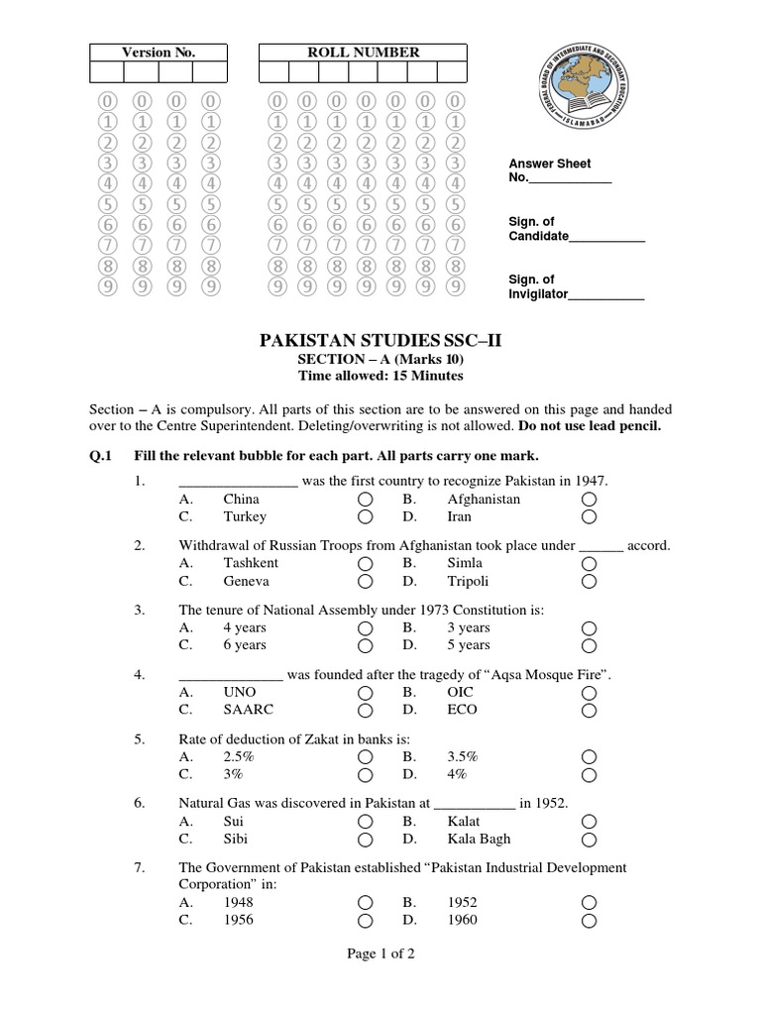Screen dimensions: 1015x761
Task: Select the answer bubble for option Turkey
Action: click(x=366, y=517)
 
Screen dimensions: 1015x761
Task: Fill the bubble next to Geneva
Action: click(x=366, y=582)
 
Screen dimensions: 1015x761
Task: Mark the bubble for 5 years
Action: click(x=590, y=646)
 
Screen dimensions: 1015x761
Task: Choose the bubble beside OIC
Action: click(x=590, y=693)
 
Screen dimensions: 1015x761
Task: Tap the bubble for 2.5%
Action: click(x=366, y=757)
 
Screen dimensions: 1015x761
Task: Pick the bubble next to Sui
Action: click(x=366, y=822)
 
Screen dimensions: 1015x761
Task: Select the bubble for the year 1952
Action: click(x=590, y=903)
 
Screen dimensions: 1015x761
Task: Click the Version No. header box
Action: click(x=159, y=53)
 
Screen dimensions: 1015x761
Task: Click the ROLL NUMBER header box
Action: click(x=367, y=53)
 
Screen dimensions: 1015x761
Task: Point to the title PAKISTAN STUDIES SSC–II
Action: click(x=380, y=342)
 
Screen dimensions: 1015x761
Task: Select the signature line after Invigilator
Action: click(x=606, y=295)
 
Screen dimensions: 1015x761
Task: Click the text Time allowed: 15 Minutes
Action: click(x=380, y=376)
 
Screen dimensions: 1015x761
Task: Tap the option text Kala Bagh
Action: click(x=479, y=839)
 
